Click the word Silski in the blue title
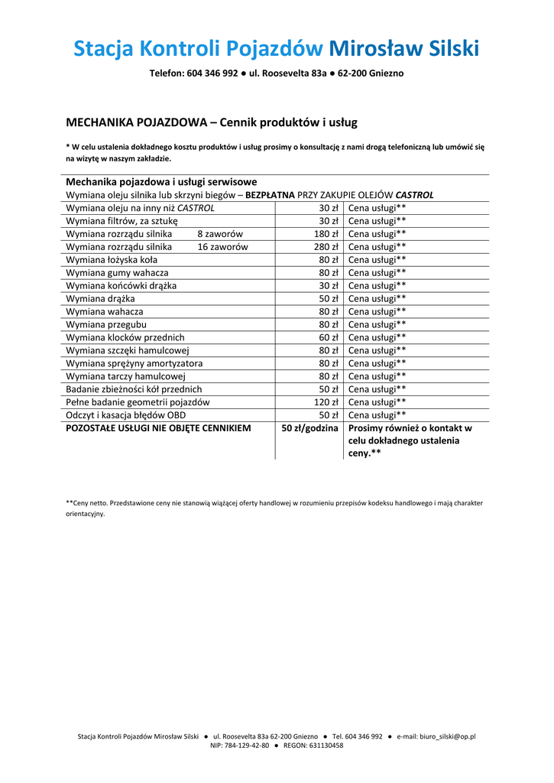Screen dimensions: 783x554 (x=445, y=49)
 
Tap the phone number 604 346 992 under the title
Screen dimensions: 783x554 (x=212, y=73)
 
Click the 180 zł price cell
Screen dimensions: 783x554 (x=326, y=234)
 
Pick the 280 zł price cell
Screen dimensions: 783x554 (x=326, y=247)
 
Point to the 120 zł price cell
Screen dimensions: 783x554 (x=326, y=402)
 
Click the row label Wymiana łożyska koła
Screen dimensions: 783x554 (x=112, y=260)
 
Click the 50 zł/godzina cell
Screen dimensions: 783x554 (x=309, y=428)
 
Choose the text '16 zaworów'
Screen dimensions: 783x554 (x=222, y=247)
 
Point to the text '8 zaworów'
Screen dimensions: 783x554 (x=220, y=234)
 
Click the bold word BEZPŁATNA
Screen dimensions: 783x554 (x=270, y=195)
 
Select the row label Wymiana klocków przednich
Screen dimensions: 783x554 (x=125, y=337)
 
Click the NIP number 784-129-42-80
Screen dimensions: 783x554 (x=245, y=746)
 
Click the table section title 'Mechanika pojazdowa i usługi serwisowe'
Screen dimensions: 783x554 (x=161, y=182)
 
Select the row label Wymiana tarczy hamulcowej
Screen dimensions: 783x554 (x=126, y=376)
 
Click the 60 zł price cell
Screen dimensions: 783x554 (x=329, y=337)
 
